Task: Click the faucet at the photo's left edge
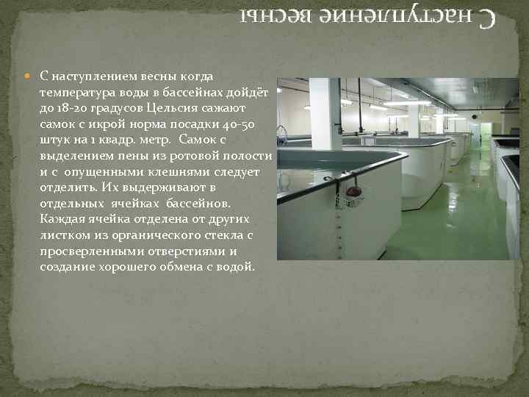282,132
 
